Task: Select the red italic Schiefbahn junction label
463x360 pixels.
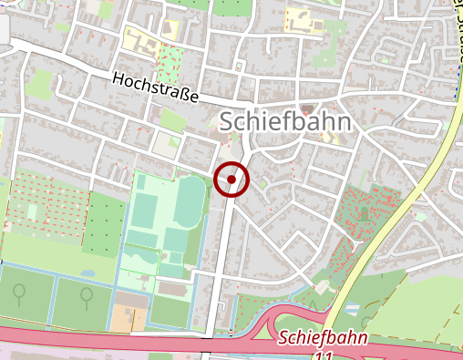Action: tap(323, 338)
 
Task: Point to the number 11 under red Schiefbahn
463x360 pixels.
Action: tap(324, 354)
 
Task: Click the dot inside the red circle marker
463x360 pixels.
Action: tap(231, 180)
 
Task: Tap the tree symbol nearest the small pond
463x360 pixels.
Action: tap(85, 294)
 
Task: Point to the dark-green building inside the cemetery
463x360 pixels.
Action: tap(364, 213)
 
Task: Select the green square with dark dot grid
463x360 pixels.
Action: tap(106, 223)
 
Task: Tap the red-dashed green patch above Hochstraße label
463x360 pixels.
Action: tap(170, 62)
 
